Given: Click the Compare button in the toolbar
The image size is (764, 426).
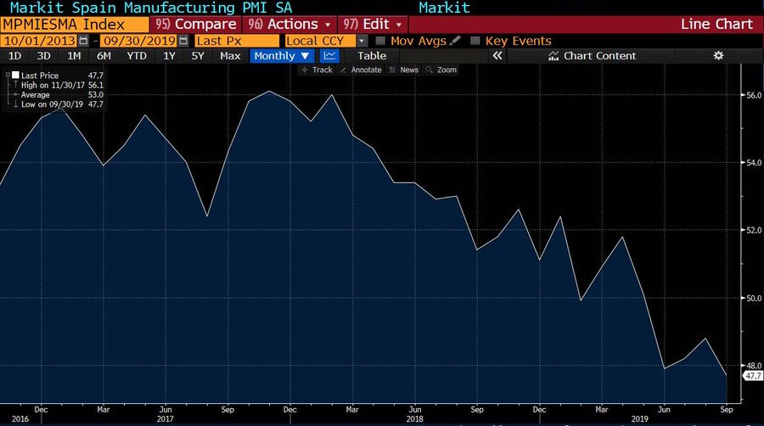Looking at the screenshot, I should [x=197, y=24].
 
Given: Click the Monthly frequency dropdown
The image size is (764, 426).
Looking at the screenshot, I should [x=281, y=56].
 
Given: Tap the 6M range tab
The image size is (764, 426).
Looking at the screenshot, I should [x=104, y=56].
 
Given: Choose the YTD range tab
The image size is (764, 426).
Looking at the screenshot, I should [x=136, y=56].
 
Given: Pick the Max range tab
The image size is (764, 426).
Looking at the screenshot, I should [x=230, y=56].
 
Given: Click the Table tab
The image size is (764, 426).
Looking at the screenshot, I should [x=372, y=56].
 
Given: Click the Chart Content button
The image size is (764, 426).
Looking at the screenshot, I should [x=593, y=56].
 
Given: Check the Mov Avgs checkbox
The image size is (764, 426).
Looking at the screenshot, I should [x=381, y=41].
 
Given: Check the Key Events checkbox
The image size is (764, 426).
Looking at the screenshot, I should [x=475, y=41].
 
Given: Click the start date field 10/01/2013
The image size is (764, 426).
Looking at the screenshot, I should [x=38, y=41].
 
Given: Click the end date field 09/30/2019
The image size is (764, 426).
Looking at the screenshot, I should [x=139, y=41].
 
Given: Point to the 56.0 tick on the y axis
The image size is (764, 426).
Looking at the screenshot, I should [x=752, y=95].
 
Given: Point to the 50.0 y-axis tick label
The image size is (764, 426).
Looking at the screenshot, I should [x=752, y=298].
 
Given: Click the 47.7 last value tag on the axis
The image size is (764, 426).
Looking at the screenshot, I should [x=752, y=375].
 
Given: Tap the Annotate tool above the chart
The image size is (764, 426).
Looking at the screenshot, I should [x=362, y=70].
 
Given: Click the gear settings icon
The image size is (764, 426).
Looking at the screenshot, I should [x=718, y=56].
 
